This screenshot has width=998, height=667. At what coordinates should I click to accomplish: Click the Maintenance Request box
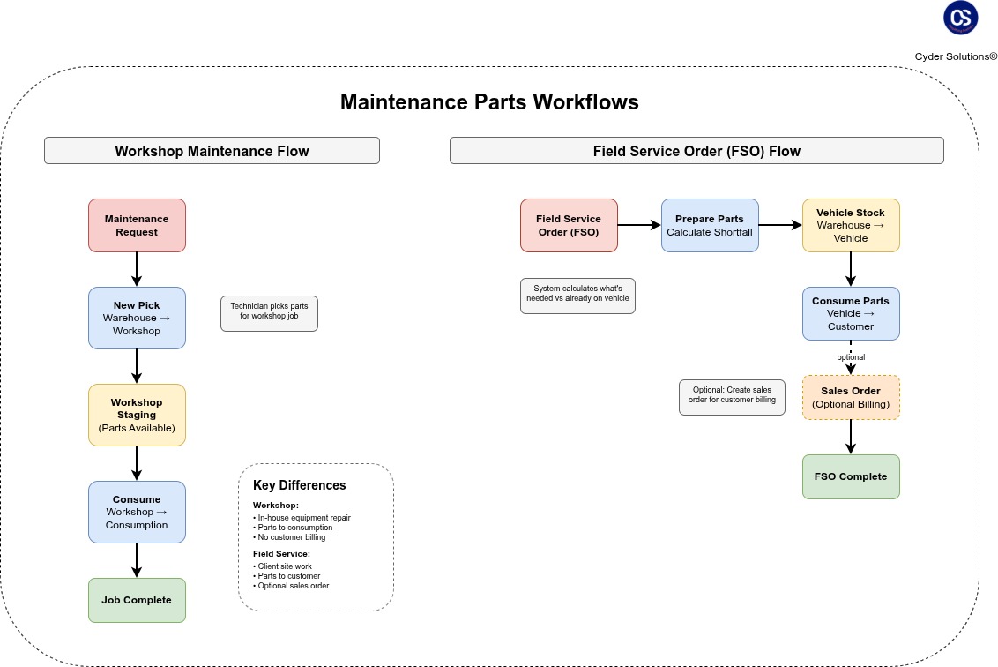[x=137, y=225]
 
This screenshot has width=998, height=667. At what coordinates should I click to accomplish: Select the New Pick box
[x=137, y=318]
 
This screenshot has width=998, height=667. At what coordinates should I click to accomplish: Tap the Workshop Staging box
[x=137, y=415]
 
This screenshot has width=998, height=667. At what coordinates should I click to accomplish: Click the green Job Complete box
[x=137, y=600]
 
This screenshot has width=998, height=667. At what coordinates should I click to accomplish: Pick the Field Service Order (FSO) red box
[x=569, y=225]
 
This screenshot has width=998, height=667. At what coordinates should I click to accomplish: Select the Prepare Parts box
[x=710, y=225]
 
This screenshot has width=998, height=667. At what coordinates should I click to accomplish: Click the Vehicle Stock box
[x=851, y=225]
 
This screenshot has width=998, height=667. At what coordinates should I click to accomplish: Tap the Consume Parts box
[x=851, y=313]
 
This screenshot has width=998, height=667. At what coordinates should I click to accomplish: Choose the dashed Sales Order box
[x=851, y=397]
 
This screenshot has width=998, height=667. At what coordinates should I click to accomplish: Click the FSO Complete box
[x=851, y=476]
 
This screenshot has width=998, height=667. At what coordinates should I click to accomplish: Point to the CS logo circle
[x=960, y=18]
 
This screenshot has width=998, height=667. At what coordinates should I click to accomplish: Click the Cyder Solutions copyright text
[x=956, y=56]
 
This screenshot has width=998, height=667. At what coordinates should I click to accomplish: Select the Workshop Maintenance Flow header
[x=212, y=151]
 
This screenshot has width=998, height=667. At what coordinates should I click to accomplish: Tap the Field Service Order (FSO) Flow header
[x=696, y=151]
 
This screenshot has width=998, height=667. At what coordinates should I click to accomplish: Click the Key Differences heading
[x=299, y=485]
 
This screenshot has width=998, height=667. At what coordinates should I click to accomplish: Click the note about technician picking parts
[x=269, y=313]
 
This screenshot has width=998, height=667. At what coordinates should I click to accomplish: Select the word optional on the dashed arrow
[x=851, y=357]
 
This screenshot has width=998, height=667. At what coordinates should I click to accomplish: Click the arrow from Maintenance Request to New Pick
[x=137, y=269]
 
